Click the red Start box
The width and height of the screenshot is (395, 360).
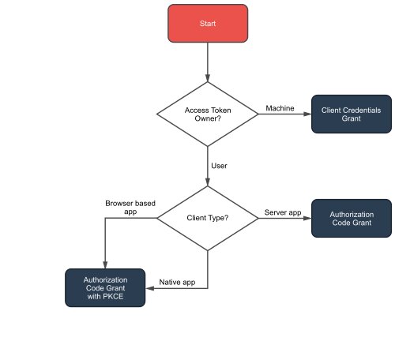(x=207, y=24)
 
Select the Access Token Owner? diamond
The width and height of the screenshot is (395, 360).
(x=207, y=114)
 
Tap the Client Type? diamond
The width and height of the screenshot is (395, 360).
(x=207, y=217)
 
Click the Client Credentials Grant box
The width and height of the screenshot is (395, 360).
(x=352, y=114)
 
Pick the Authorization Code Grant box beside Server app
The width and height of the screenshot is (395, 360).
(x=352, y=217)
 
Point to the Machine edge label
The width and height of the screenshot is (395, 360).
(x=280, y=107)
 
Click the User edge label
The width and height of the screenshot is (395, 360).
(x=220, y=165)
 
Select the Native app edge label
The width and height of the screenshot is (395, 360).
(x=178, y=282)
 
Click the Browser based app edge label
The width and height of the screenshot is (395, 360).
(x=130, y=208)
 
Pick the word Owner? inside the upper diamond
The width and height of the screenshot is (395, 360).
(x=208, y=120)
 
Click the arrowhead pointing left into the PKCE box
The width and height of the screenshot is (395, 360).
(x=151, y=289)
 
